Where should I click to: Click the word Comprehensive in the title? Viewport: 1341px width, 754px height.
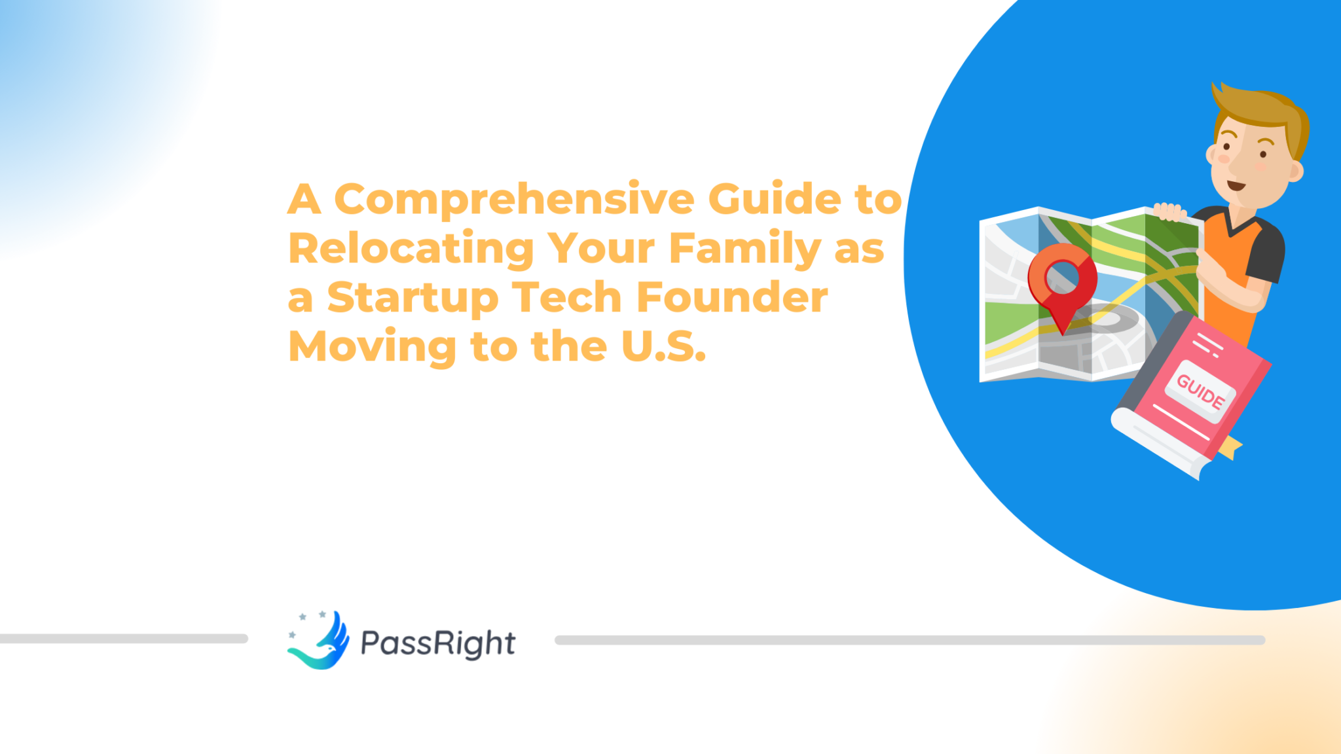coord(514,200)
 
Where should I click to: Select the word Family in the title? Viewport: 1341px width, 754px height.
coord(744,249)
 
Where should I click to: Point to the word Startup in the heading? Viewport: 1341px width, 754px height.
coord(413,298)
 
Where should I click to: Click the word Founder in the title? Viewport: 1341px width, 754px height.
coord(731,298)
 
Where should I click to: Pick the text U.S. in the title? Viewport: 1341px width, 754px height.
coord(663,346)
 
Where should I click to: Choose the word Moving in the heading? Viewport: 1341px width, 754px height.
coord(372,346)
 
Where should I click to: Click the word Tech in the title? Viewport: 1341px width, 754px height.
coord(566,298)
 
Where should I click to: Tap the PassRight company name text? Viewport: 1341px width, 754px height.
coord(437,643)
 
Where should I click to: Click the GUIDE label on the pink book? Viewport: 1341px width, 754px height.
coord(1200,391)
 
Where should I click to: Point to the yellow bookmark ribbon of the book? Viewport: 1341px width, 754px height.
coord(1230,448)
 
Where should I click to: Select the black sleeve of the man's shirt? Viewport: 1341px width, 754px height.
coord(1266,252)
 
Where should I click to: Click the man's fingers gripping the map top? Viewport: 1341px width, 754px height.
coord(1169,211)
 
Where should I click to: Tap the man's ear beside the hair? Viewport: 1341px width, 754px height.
coord(1295,171)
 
